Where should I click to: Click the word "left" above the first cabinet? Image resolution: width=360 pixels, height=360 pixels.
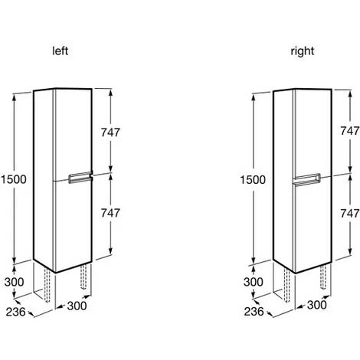click(61, 51)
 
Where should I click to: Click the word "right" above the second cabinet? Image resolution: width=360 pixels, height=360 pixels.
click(303, 51)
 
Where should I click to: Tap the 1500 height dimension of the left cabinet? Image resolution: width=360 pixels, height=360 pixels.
click(14, 179)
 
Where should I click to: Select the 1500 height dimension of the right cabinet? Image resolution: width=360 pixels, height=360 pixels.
click(253, 180)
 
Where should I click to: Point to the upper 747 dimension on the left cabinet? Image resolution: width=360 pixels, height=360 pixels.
click(110, 133)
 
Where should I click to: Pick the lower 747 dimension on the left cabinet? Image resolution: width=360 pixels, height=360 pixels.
click(110, 213)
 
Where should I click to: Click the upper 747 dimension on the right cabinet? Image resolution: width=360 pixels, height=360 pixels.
click(350, 131)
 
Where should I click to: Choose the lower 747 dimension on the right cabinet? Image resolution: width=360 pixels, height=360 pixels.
click(350, 213)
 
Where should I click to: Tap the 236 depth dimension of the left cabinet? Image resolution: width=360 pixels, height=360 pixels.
click(16, 312)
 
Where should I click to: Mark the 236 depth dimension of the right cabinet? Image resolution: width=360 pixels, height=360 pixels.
click(254, 312)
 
